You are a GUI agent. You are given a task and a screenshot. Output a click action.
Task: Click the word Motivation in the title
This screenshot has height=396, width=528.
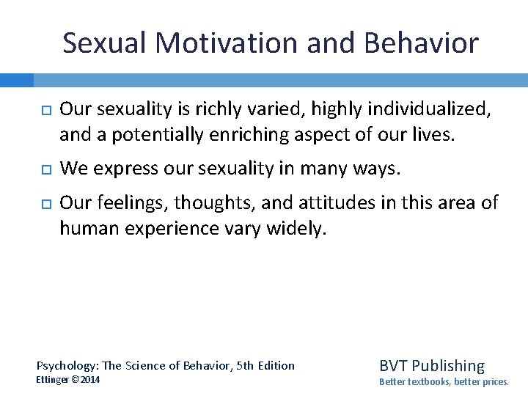(229, 43)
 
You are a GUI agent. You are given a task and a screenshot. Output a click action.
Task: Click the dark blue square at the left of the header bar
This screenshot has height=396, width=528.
(16, 80)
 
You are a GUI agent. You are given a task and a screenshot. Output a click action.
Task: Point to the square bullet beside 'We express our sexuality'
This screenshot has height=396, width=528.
(43, 169)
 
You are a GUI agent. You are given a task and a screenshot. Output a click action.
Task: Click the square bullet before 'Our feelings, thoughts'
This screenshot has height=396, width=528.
(43, 203)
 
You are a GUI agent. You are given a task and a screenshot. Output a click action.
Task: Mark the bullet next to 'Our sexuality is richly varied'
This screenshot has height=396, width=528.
(43, 111)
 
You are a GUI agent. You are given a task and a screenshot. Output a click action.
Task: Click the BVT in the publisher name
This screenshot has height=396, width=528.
(395, 365)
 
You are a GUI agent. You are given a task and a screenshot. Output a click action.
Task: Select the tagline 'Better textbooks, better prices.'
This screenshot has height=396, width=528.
(444, 382)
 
